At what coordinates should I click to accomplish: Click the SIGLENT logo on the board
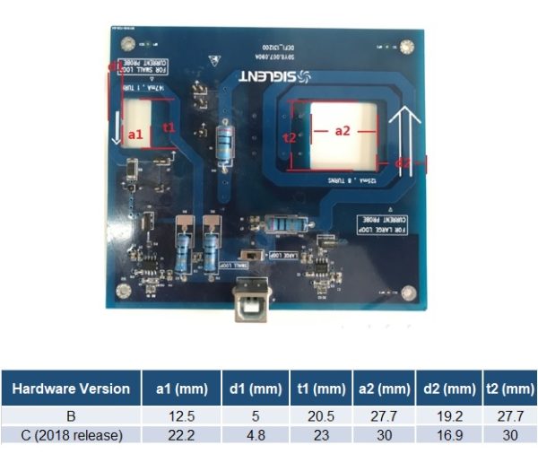pos(277,78)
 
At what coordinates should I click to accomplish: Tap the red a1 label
pos(137,134)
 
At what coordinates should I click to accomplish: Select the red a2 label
pos(343,130)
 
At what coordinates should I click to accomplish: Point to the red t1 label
pos(168,127)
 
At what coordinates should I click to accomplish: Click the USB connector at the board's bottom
pos(248,306)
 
